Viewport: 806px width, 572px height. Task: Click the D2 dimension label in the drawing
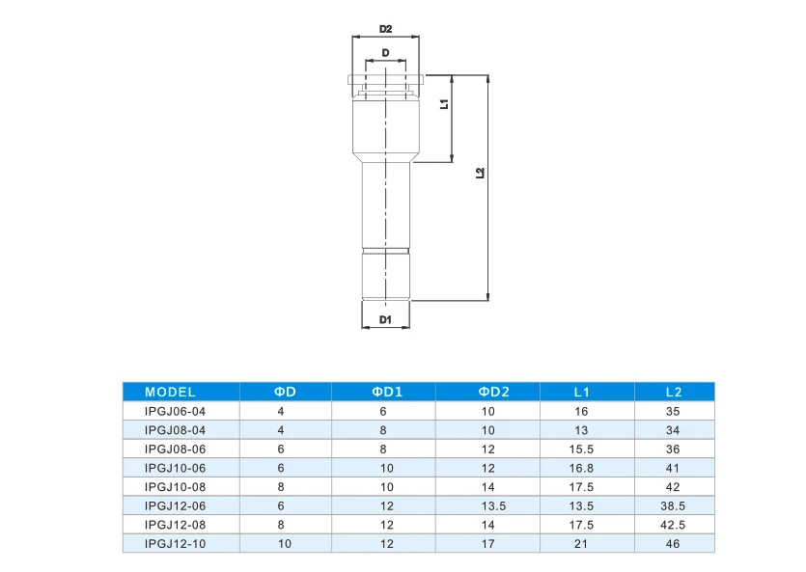[x=385, y=29]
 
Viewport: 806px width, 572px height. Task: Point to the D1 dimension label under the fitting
[x=385, y=319]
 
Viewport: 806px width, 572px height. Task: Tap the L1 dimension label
[x=445, y=104]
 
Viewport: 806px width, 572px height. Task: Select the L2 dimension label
[x=480, y=173]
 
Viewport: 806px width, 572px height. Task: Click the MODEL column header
[x=170, y=393]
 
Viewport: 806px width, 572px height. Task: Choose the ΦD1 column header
[x=387, y=393]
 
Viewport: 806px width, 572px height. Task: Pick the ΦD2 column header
[x=493, y=393]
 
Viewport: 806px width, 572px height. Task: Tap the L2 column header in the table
[x=674, y=393]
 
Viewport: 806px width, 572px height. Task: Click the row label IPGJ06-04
[x=176, y=411]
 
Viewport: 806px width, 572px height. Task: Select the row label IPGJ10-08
[x=176, y=487]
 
